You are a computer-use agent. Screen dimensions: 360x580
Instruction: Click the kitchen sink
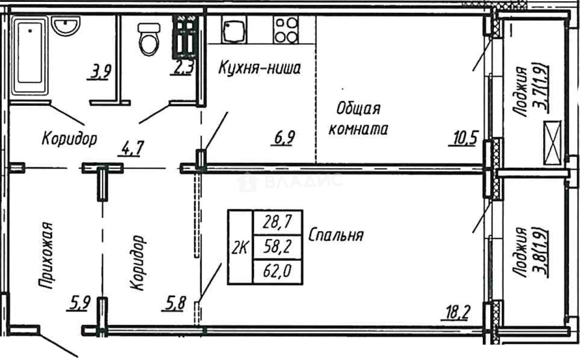[234, 30]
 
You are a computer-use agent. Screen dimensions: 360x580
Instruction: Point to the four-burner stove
[285, 30]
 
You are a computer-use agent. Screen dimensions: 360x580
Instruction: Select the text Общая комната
[358, 119]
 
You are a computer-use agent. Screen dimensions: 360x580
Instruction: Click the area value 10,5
[463, 137]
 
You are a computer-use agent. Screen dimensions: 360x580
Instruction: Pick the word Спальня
[336, 235]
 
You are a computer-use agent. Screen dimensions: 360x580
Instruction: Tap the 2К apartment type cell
[240, 248]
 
